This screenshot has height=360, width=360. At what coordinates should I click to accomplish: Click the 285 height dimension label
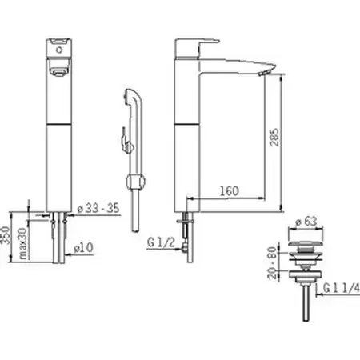[x=274, y=138]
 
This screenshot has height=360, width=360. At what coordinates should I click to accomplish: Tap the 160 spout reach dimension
[x=229, y=191]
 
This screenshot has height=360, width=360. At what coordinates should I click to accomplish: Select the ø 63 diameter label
[x=306, y=222]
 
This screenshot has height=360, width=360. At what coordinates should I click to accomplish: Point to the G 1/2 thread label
[x=161, y=242]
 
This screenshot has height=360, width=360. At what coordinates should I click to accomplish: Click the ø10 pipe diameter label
[x=84, y=248]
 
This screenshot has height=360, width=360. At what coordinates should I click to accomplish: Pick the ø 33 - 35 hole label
[x=98, y=208]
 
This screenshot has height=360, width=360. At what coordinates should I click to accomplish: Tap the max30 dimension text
[x=23, y=243]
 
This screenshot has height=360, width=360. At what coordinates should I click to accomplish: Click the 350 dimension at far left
[x=5, y=235]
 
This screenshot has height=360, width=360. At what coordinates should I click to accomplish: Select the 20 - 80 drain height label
[x=272, y=262]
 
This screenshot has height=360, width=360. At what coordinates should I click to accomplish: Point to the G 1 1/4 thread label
[x=342, y=288]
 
